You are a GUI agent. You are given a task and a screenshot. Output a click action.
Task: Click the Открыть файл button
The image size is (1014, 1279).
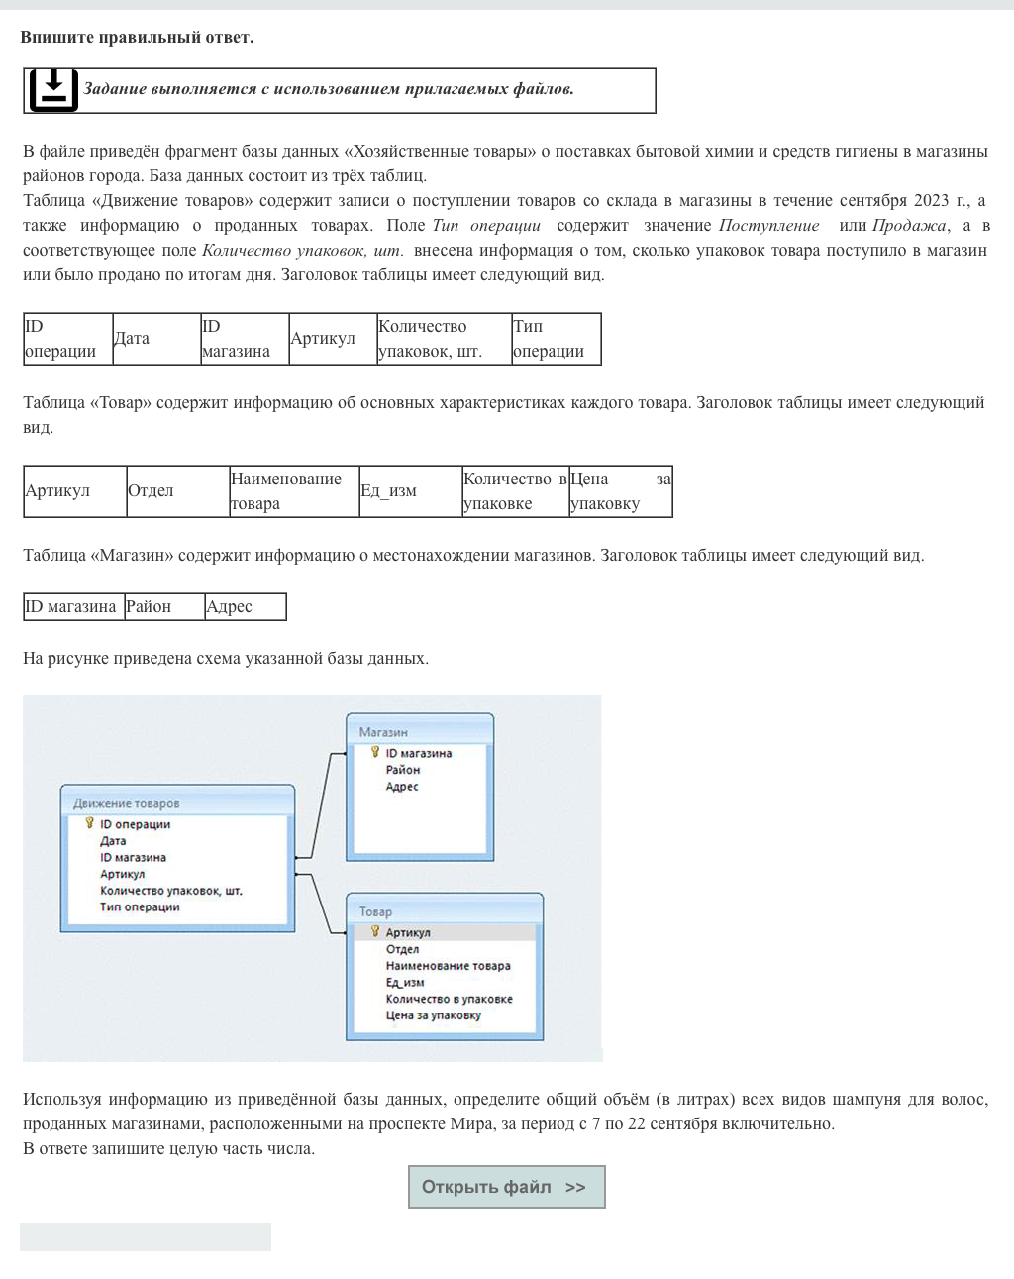click(506, 1187)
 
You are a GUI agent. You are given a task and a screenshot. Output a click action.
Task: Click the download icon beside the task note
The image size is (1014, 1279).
click(53, 90)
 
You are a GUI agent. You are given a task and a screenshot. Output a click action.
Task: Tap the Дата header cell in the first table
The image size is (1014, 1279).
click(155, 339)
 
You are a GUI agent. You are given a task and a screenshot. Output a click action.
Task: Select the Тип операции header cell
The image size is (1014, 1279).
click(556, 339)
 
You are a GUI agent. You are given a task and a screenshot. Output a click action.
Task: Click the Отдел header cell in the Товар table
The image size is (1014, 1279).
click(177, 491)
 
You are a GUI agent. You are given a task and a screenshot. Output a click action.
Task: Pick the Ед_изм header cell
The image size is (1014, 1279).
click(410, 491)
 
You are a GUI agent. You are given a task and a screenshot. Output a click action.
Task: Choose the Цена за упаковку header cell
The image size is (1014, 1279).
click(620, 491)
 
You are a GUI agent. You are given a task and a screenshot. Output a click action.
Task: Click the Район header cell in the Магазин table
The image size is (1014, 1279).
click(163, 607)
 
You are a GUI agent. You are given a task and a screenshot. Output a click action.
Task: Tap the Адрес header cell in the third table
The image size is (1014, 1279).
click(245, 607)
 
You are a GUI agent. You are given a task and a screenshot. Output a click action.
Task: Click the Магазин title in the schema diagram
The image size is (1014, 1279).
click(383, 732)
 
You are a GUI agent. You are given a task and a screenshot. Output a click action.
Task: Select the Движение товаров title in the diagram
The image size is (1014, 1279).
click(127, 803)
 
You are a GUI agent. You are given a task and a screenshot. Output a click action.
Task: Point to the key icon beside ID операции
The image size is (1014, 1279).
click(89, 823)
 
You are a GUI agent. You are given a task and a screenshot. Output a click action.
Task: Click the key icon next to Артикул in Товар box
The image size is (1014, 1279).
click(375, 931)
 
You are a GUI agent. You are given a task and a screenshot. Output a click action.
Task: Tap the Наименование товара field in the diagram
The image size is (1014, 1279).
click(448, 966)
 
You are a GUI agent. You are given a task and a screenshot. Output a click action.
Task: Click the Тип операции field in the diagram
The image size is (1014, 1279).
click(140, 907)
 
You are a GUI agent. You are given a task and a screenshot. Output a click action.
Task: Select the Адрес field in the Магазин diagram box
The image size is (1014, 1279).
click(402, 787)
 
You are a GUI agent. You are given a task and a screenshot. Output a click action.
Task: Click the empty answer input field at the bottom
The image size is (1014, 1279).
click(146, 1236)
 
